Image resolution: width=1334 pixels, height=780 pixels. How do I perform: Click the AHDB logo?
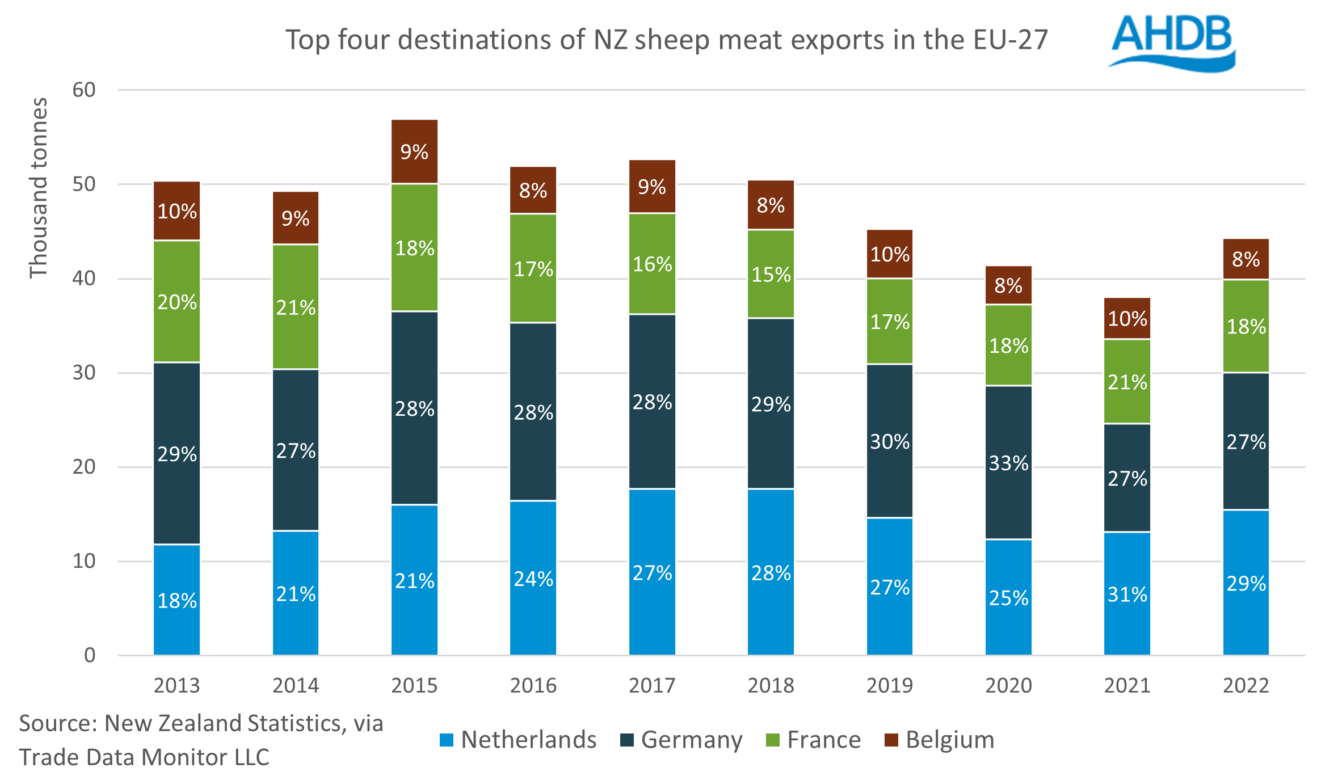[1172, 43]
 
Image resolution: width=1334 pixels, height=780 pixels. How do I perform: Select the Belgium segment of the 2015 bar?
[414, 151]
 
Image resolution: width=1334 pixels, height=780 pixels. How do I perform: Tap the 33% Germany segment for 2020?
[1008, 462]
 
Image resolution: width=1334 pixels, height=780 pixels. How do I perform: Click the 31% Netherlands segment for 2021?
[1127, 594]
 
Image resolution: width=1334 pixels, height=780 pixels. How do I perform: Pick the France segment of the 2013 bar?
[177, 301]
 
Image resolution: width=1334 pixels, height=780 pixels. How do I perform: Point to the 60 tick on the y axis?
[84, 90]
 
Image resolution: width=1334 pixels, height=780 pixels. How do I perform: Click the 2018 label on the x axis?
[771, 685]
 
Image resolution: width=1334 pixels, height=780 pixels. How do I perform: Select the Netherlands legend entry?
[518, 740]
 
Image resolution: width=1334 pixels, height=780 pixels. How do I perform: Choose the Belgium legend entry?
[940, 740]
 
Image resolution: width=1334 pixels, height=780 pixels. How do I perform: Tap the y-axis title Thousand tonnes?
[39, 188]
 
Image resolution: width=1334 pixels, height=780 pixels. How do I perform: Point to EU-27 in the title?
[1010, 40]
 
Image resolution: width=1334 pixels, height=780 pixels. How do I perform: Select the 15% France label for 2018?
[771, 275]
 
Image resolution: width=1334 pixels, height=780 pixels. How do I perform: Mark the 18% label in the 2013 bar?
[177, 601]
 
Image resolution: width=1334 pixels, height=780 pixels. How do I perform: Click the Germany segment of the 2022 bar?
[1245, 441]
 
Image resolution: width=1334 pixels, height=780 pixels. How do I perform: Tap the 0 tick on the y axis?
[90, 655]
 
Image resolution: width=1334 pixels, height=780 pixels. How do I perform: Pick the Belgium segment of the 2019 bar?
[889, 254]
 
